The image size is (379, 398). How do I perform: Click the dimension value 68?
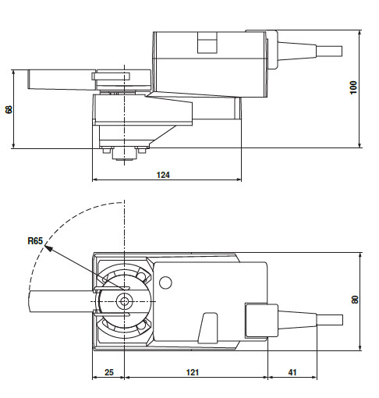tap(9, 108)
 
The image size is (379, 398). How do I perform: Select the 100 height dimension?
tap(353, 88)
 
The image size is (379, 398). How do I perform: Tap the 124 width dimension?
tap(162, 175)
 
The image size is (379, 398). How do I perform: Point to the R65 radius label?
tap(34, 241)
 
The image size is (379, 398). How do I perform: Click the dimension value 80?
tap(354, 300)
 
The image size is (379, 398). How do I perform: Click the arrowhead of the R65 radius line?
tap(49, 247)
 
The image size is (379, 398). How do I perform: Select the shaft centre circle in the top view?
tap(123, 300)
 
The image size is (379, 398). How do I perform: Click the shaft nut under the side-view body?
tap(122, 154)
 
